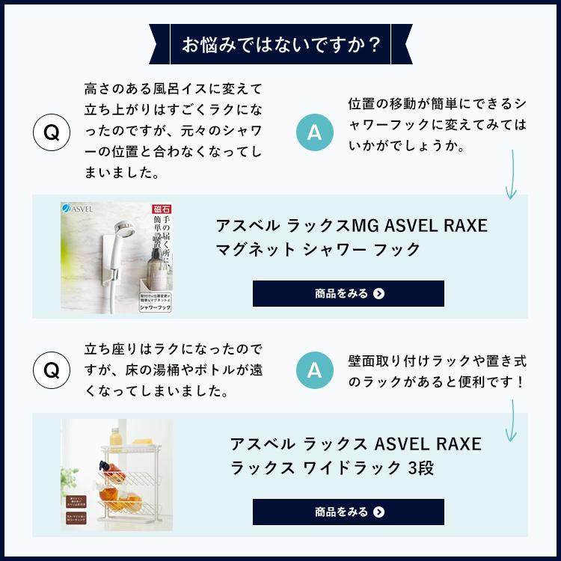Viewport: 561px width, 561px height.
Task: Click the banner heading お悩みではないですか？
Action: point(280,46)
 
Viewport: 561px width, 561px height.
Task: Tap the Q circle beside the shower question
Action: point(52,133)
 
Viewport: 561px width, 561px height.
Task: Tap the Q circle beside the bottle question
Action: point(52,370)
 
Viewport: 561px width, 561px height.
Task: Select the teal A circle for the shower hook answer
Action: point(314,133)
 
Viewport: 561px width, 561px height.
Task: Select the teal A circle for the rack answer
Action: point(314,370)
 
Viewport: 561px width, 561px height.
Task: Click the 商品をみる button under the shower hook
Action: point(348,294)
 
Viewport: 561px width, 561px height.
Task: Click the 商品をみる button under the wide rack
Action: point(348,512)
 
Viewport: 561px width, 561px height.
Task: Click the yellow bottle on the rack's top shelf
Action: point(115,437)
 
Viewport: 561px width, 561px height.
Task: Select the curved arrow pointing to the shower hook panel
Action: point(511,176)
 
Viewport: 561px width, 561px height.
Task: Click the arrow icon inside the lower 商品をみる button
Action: point(378,512)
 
